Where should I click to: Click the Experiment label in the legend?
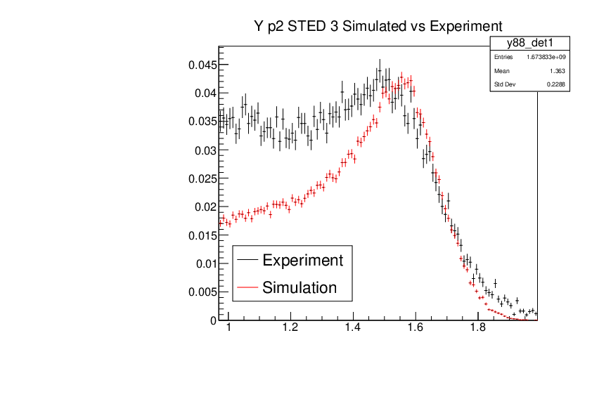click(302, 261)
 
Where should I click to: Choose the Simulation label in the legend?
click(300, 287)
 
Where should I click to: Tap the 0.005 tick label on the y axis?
click(201, 292)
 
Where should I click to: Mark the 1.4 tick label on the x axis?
click(353, 328)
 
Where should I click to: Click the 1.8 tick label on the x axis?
click(477, 328)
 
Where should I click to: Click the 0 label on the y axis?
click(213, 320)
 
